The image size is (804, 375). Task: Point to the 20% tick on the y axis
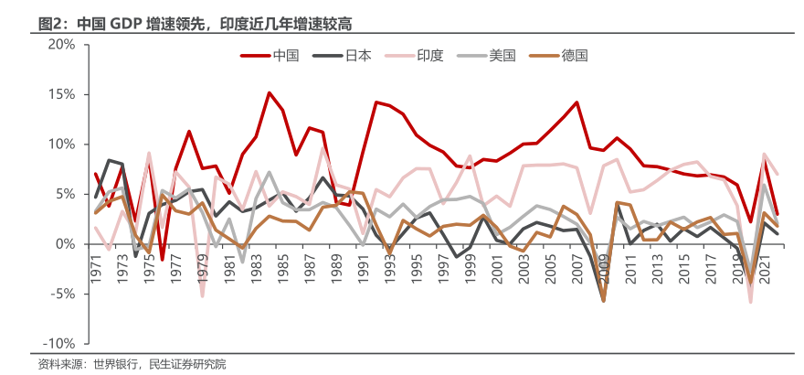[x=62, y=44]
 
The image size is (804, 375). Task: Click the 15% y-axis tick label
[x=62, y=94]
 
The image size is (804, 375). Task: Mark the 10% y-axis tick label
[x=62, y=145]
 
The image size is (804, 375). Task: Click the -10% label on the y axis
[x=61, y=344]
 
